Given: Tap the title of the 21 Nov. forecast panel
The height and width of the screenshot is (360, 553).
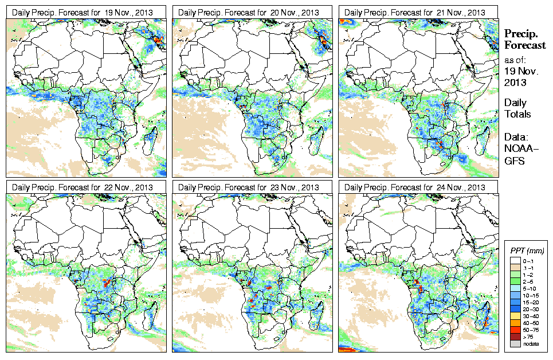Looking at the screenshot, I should pyautogui.click(x=418, y=12).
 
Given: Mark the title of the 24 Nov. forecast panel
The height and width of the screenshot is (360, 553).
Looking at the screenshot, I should pyautogui.click(x=418, y=187).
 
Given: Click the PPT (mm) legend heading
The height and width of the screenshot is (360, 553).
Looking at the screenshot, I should pyautogui.click(x=527, y=251).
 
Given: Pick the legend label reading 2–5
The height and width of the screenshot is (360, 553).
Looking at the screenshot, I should pyautogui.click(x=532, y=281).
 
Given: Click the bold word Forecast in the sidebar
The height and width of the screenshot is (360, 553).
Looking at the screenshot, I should pyautogui.click(x=525, y=46).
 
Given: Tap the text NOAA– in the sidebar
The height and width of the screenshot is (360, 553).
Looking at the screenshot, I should pyautogui.click(x=518, y=149).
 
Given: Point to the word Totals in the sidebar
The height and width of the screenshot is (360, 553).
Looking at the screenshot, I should pyautogui.click(x=517, y=114).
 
